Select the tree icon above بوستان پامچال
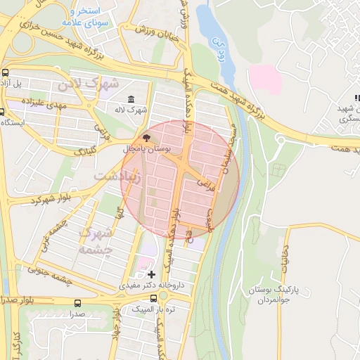tap(146, 138)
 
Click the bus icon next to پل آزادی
tap(6, 72)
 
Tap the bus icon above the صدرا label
tap(77, 302)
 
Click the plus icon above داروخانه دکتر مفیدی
tap(152, 273)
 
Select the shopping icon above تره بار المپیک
tap(145, 297)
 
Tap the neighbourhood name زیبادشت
tap(119, 177)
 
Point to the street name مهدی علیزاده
tap(43, 102)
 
